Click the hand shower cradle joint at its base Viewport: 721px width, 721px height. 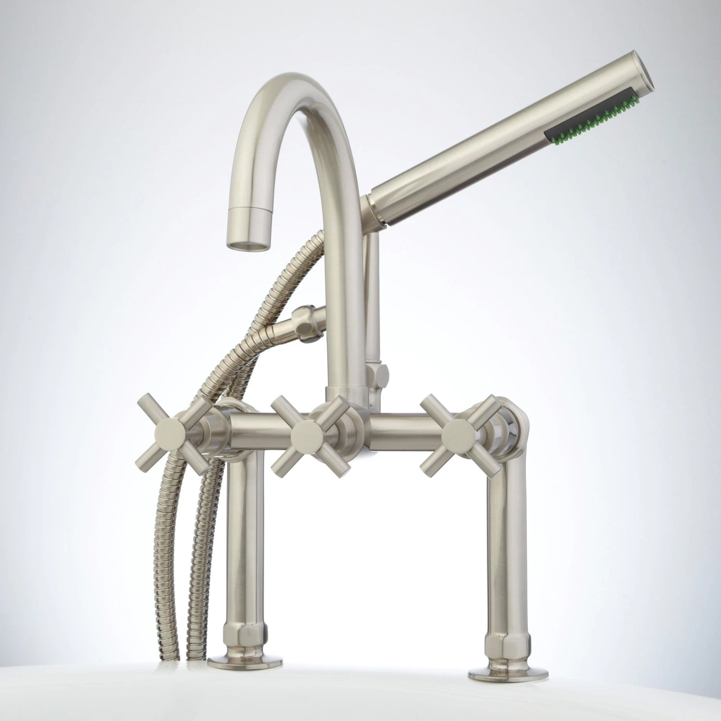click(375, 216)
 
